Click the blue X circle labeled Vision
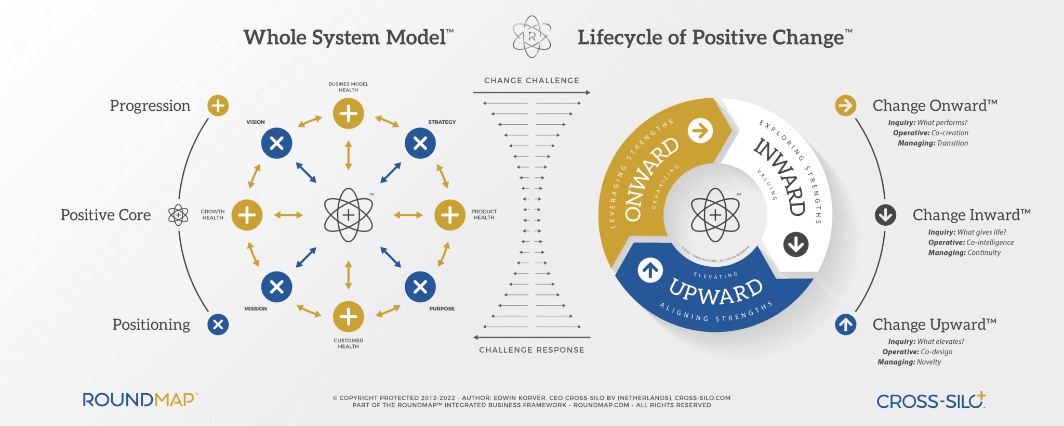click(276, 143)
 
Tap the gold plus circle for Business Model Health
click(348, 113)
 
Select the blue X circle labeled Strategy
click(420, 143)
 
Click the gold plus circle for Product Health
click(450, 215)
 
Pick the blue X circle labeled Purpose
click(420, 287)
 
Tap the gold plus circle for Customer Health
click(348, 316)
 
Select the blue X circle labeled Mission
click(276, 287)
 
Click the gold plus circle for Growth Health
click(247, 215)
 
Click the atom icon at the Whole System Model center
click(348, 215)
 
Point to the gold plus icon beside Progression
click(218, 106)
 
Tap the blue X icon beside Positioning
click(218, 325)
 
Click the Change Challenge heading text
click(531, 81)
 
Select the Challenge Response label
click(531, 350)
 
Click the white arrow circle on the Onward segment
click(700, 131)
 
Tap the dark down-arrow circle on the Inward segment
click(796, 244)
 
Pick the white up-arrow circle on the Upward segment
click(650, 270)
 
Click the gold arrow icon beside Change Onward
click(846, 106)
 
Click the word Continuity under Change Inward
click(984, 253)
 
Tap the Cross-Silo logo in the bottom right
click(931, 401)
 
